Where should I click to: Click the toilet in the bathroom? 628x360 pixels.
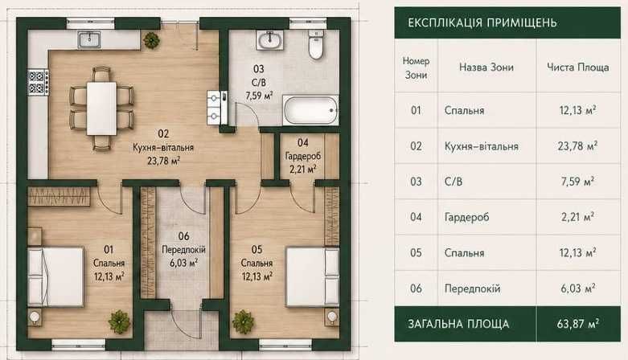pyautogui.click(x=315, y=45)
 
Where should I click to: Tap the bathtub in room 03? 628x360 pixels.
pyautogui.click(x=310, y=111)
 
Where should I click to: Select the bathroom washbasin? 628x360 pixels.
pyautogui.click(x=269, y=40)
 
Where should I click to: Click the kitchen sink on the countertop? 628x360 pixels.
pyautogui.click(x=89, y=39)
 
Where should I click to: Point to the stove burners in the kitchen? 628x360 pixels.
pyautogui.click(x=38, y=82)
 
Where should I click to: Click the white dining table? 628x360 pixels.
pyautogui.click(x=102, y=108)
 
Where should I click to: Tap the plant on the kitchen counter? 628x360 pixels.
pyautogui.click(x=152, y=40)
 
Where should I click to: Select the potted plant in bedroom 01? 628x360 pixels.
pyautogui.click(x=119, y=321)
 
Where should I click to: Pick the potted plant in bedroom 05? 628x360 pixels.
pyautogui.click(x=243, y=321)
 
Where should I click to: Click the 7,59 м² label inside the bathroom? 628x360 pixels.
pyautogui.click(x=259, y=96)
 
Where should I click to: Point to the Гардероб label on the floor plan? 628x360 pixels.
pyautogui.click(x=303, y=156)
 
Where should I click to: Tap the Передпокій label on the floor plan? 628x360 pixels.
pyautogui.click(x=183, y=249)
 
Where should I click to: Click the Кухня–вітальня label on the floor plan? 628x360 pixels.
pyautogui.click(x=163, y=147)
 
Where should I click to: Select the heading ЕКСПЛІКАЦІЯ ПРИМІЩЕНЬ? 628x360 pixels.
pyautogui.click(x=482, y=22)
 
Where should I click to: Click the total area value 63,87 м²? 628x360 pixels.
pyautogui.click(x=578, y=323)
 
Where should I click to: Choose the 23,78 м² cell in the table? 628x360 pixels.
pyautogui.click(x=577, y=145)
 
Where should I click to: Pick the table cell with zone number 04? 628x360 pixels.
pyautogui.click(x=417, y=217)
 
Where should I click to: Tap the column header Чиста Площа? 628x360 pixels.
pyautogui.click(x=578, y=67)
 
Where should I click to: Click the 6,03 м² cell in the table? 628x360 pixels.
pyautogui.click(x=578, y=288)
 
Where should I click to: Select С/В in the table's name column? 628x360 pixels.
pyautogui.click(x=454, y=182)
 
